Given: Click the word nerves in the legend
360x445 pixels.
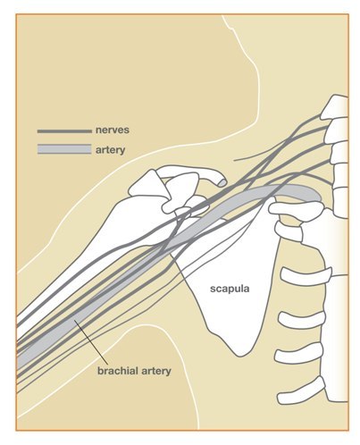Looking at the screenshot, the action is click(113, 130).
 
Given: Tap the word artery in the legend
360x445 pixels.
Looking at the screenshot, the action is click(110, 150).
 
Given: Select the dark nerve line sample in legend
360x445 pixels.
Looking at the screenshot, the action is click(64, 131).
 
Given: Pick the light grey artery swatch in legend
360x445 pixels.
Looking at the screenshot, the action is click(64, 149).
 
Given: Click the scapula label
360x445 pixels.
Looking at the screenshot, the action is click(230, 289).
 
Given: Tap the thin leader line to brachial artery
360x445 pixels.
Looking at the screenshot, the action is click(89, 341).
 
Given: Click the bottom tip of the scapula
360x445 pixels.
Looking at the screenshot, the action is click(240, 356).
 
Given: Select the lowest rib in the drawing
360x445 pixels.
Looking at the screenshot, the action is click(301, 391).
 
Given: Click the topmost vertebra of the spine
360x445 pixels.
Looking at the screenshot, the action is click(334, 106).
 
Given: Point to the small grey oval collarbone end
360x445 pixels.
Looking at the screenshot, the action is click(222, 181).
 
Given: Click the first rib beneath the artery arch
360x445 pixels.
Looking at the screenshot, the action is click(296, 210).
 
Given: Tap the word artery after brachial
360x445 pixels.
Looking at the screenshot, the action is click(156, 371).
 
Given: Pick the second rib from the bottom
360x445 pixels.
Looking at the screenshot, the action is click(298, 353).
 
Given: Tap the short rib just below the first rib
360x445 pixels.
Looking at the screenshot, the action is click(289, 231).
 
